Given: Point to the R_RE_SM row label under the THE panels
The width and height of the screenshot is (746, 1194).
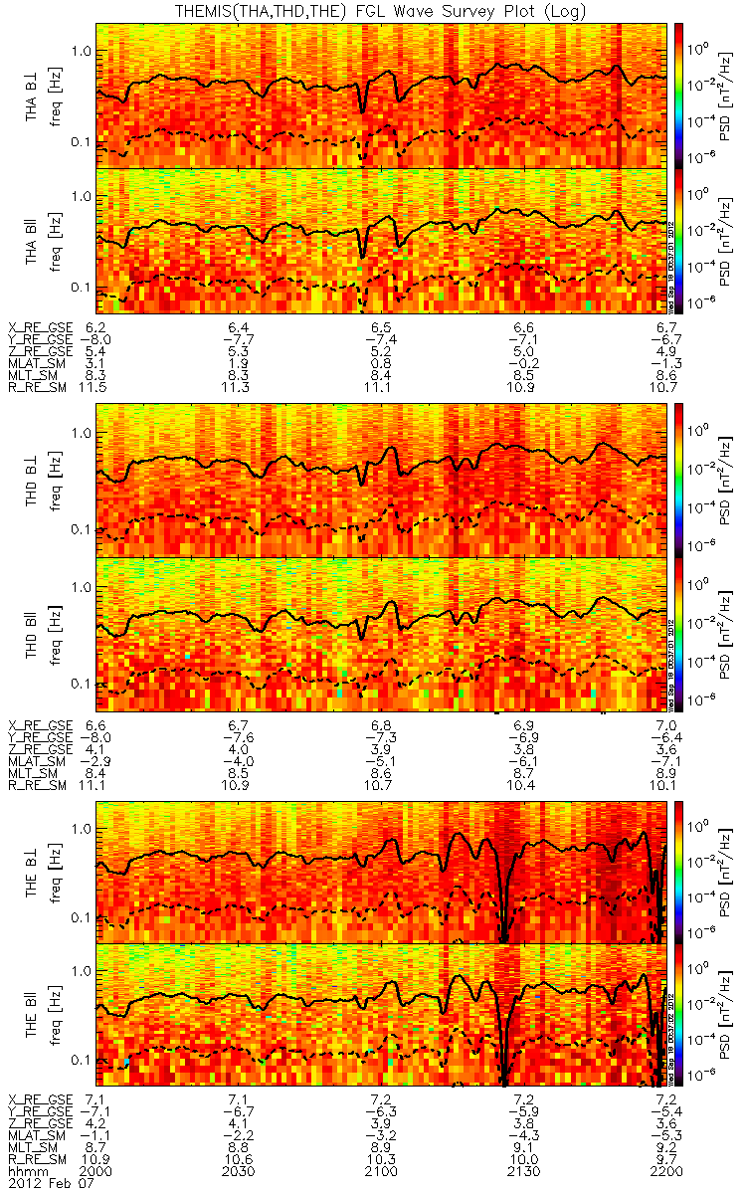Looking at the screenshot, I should (x=35, y=1160).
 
